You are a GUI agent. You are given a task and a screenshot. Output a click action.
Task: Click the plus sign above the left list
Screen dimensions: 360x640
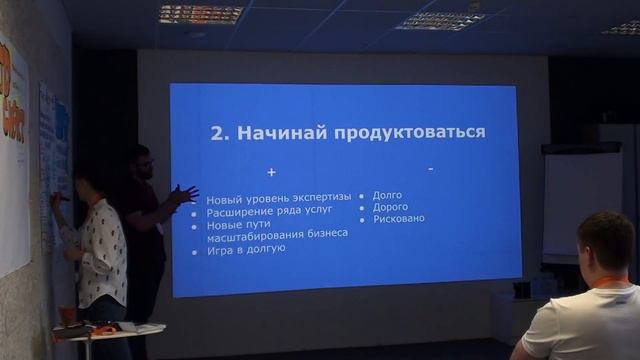(271, 173)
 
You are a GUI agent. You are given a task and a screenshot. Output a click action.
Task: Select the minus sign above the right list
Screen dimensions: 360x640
(430, 169)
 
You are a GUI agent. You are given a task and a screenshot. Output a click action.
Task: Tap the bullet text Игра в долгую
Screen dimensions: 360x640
(246, 248)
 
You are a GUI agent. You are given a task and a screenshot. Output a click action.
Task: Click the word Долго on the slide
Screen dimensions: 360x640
(387, 196)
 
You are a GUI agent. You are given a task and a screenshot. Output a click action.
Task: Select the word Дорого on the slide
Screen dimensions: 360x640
(390, 207)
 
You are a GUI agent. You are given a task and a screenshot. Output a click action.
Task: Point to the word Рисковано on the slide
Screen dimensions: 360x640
(398, 218)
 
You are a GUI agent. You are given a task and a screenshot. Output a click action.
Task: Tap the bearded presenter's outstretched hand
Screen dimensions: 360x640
(185, 194)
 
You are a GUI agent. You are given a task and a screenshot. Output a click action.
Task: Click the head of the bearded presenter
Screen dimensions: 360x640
(140, 162)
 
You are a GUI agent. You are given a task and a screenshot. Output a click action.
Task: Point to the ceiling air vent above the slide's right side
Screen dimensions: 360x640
(440, 20)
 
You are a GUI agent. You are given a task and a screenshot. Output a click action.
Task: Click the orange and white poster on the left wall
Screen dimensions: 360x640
(13, 150)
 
